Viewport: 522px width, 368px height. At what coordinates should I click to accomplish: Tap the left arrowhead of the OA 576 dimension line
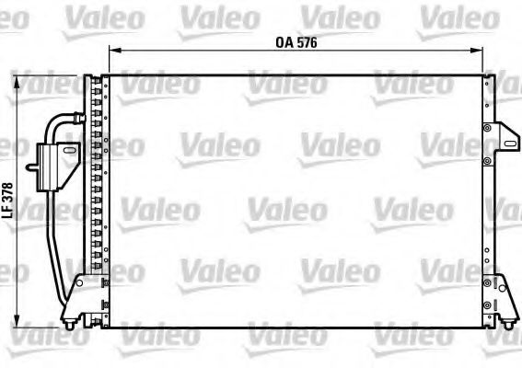click(112, 52)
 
